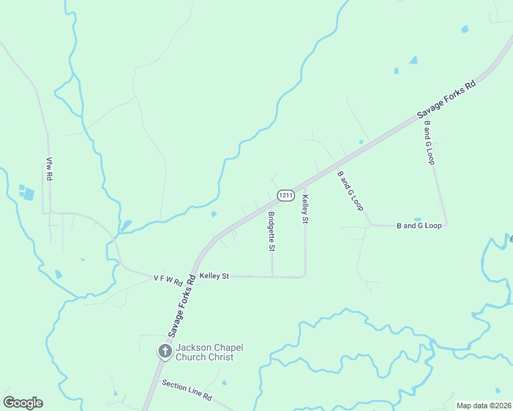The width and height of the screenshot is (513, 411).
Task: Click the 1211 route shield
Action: click(x=287, y=196)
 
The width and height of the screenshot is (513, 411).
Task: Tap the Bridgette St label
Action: click(x=271, y=231)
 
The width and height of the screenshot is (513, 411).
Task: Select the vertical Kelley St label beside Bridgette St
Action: click(x=305, y=208)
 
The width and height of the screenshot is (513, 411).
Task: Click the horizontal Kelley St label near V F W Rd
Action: click(x=214, y=275)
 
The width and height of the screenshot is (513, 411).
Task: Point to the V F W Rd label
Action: click(x=169, y=281)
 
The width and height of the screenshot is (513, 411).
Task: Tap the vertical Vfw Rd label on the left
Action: click(x=49, y=168)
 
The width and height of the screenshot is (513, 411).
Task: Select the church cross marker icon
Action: click(x=165, y=351)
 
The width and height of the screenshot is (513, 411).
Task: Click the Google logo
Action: click(x=23, y=403)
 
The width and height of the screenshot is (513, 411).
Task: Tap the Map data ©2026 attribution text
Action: click(x=484, y=406)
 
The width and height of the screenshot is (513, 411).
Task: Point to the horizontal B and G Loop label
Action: click(x=419, y=225)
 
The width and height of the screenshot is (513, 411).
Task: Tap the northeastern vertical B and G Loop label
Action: click(x=429, y=142)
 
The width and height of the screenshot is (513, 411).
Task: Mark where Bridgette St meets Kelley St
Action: click(x=272, y=277)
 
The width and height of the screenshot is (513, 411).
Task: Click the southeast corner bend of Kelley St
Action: click(x=305, y=276)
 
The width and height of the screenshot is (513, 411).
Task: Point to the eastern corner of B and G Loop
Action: click(x=446, y=224)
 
